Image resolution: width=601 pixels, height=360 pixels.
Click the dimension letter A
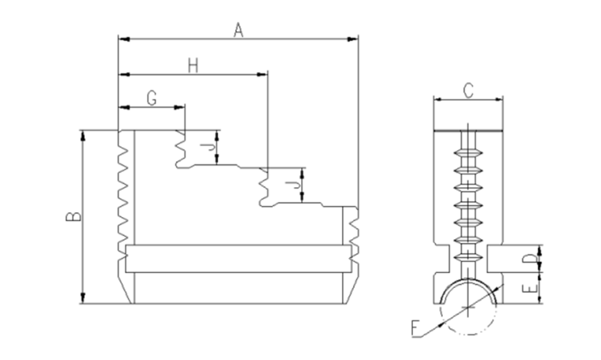coord(238,30)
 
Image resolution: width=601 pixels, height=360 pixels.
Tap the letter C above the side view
coord(467,90)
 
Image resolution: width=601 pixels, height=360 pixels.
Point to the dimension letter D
coord(528,259)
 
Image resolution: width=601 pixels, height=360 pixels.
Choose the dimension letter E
coord(528,288)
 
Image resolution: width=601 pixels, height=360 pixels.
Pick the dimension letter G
coord(151,98)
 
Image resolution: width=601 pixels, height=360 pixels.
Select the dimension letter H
coord(193,66)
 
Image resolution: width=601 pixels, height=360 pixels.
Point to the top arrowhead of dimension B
coord(83,134)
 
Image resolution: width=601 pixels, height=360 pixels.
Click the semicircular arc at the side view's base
coord(468,283)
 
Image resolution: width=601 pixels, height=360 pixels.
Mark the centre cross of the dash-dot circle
coord(468,307)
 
